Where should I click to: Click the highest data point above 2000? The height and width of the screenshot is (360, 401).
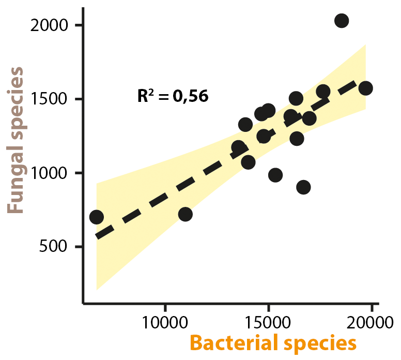(342, 21)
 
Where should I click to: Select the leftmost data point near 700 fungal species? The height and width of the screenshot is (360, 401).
(96, 217)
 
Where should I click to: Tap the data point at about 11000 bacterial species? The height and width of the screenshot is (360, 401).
(185, 214)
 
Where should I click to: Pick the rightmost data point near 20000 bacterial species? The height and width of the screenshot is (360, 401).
(365, 88)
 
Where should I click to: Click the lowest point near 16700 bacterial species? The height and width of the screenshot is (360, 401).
(303, 187)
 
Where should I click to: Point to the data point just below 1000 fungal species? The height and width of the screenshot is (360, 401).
(275, 175)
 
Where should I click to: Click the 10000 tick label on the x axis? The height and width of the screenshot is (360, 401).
(165, 321)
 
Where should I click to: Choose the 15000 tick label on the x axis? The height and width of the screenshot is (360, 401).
(268, 321)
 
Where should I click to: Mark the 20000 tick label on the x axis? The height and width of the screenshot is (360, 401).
(371, 321)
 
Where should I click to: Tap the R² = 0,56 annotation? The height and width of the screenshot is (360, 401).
(173, 96)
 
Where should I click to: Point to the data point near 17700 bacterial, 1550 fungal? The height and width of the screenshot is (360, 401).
(323, 92)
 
